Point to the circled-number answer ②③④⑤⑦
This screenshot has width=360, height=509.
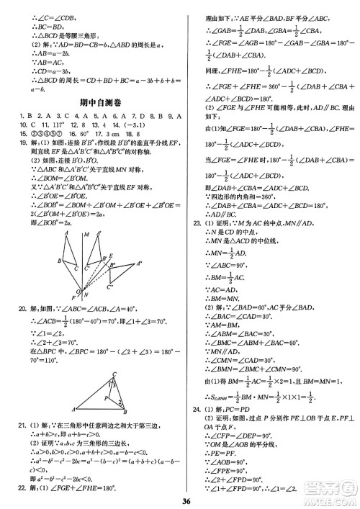point(42,133)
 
